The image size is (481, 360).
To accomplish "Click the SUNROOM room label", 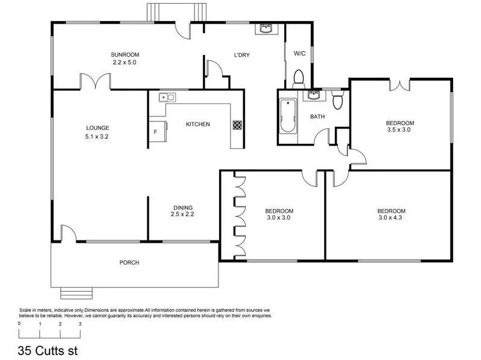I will pyautogui.click(x=125, y=54).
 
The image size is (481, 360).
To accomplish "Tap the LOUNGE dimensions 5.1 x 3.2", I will pyautogui.click(x=97, y=137).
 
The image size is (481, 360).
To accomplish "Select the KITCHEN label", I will pyautogui.click(x=197, y=124).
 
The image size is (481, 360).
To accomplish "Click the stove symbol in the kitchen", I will pyautogui.click(x=237, y=126).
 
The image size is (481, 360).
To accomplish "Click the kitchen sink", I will pyautogui.click(x=167, y=97).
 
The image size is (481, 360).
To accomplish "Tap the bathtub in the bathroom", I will pyautogui.click(x=288, y=117).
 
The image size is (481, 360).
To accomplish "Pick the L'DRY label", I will pyautogui.click(x=242, y=56).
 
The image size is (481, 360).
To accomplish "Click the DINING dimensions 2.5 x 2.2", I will pyautogui.click(x=182, y=214).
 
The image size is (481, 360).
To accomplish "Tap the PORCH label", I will pyautogui.click(x=129, y=263).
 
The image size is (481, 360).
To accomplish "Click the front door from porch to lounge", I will pyautogui.click(x=68, y=234).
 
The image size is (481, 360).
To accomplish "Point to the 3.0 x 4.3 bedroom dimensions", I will pyautogui.click(x=390, y=217).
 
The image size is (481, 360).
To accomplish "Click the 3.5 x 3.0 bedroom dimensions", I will pyautogui.click(x=400, y=129).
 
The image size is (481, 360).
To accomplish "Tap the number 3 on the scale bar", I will pyautogui.click(x=80, y=324).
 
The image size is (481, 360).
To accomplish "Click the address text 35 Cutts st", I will pyautogui.click(x=48, y=350).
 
